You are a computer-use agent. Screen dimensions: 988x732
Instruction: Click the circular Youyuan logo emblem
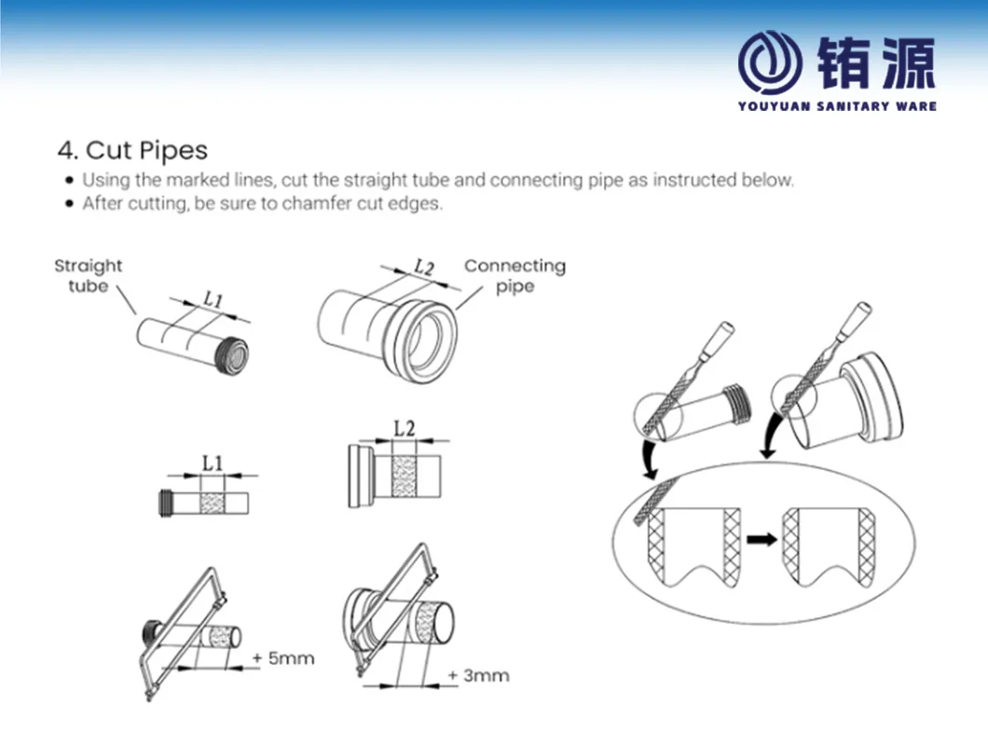(770, 62)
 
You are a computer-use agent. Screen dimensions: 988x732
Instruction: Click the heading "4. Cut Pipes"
(132, 151)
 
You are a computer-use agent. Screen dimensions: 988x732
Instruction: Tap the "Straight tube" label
(89, 275)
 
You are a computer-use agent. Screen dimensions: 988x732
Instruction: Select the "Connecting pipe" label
(515, 275)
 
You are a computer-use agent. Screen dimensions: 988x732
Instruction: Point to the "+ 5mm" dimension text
(283, 658)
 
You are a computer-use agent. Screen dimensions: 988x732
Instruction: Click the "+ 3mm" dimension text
(479, 675)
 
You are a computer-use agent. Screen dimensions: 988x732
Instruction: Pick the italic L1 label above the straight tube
(213, 299)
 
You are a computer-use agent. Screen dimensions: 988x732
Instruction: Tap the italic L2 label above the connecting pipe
(424, 268)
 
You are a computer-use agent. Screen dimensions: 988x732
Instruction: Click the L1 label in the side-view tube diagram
(213, 464)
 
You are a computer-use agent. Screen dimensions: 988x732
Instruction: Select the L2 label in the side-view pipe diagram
(405, 429)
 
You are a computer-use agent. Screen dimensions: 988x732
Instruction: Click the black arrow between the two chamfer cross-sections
(762, 540)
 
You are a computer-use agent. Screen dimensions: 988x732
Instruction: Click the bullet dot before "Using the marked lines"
(69, 180)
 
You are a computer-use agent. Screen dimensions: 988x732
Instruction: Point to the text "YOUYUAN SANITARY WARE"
(837, 106)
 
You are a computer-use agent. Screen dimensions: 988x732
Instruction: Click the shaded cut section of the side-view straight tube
(212, 504)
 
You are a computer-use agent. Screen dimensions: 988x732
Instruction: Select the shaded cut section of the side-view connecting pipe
(404, 476)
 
